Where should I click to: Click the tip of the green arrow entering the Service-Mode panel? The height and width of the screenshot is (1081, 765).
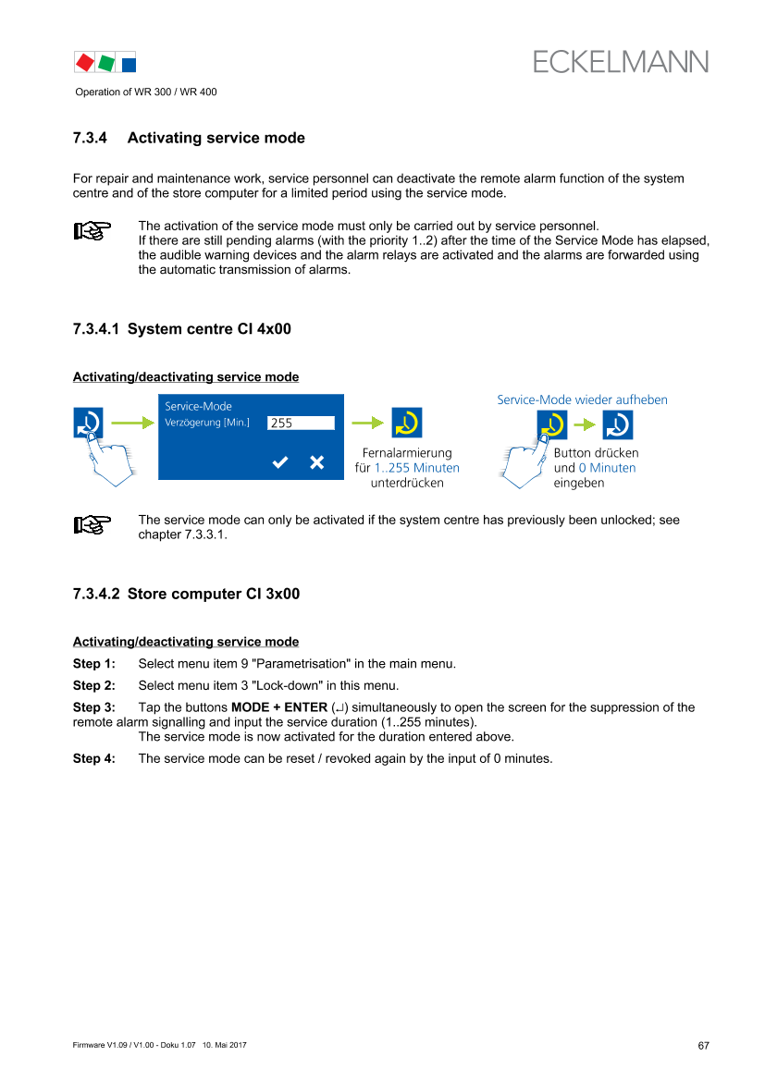tap(154, 423)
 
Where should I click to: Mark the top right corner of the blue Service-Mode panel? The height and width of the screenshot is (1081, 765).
tap(343, 394)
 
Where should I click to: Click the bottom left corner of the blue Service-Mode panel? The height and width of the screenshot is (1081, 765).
tap(159, 479)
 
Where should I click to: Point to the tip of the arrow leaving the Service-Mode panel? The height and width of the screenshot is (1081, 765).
tap(384, 423)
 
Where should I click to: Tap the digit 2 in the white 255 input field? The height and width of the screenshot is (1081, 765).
tap(274, 424)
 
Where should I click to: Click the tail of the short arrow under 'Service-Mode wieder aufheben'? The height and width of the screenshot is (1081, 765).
tap(574, 424)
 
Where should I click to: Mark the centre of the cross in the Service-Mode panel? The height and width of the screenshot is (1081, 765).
tap(316, 462)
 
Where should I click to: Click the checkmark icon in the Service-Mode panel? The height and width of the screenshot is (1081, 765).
tap(280, 462)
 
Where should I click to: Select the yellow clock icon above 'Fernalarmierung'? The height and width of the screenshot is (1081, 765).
tap(406, 423)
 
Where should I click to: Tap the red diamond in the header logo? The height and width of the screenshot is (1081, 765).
tap(85, 63)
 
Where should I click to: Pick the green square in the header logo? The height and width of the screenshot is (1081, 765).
tap(106, 63)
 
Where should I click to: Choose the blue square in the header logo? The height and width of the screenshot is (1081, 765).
tap(129, 65)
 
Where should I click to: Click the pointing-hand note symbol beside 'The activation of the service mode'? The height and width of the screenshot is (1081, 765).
tap(93, 230)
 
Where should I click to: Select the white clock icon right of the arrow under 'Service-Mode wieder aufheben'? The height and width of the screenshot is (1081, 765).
tap(617, 424)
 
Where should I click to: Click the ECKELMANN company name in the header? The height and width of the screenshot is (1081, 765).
tap(620, 62)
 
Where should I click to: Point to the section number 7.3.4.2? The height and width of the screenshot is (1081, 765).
tap(96, 595)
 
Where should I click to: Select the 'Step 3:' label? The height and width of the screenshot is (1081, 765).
tap(93, 707)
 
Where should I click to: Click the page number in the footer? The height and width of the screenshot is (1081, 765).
tap(703, 1046)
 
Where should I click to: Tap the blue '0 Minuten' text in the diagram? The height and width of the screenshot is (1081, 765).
tap(607, 468)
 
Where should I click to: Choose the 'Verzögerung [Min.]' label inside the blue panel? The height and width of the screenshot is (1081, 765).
tap(207, 423)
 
